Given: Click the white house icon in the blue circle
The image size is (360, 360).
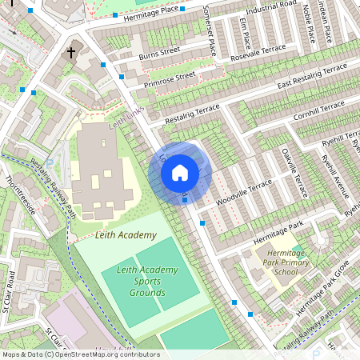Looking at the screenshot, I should pos(180,172).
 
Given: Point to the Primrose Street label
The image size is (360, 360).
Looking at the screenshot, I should pos(170,80).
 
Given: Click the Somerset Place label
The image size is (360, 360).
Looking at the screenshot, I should pos(210,29).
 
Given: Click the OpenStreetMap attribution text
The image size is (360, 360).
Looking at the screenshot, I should pos(80,354).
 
